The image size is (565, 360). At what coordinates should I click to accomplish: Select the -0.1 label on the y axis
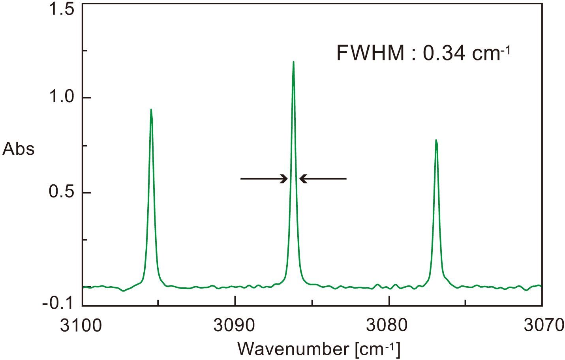59,304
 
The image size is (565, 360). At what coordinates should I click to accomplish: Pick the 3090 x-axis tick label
235,326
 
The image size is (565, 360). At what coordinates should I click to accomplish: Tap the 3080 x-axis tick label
389,326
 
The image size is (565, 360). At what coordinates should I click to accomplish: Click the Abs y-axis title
18,149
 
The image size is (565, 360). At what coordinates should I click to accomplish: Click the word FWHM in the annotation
370,53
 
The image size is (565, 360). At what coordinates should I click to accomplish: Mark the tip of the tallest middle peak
293,62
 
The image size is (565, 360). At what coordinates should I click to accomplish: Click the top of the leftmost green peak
151,110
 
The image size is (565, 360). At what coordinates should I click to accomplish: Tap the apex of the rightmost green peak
436,140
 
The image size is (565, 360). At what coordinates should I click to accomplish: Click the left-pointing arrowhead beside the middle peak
303,179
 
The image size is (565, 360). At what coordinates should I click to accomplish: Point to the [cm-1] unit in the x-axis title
378,349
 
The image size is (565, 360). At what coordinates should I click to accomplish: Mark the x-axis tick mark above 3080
389,302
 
